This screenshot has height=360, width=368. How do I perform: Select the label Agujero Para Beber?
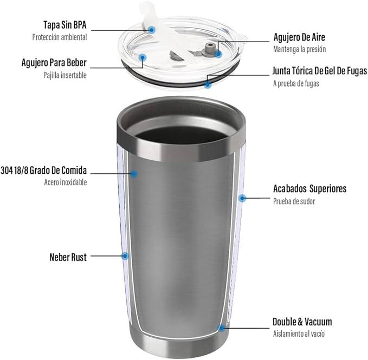[x=54, y=62]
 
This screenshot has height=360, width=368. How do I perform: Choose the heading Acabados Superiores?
[x=309, y=189]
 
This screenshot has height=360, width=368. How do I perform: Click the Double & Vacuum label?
[x=302, y=322]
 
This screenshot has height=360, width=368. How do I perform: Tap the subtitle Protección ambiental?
[x=59, y=37]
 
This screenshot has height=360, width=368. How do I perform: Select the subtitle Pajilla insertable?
[x=65, y=75]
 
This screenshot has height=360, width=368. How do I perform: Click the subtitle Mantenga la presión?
[x=299, y=49]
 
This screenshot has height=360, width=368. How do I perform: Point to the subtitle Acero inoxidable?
[x=65, y=182]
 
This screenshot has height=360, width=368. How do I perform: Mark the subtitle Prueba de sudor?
[x=294, y=201]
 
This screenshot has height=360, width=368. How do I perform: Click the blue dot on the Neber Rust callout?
[x=125, y=256]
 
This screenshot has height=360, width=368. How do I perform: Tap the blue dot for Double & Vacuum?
[x=221, y=328]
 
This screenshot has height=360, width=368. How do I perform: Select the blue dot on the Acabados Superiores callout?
[x=243, y=198]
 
